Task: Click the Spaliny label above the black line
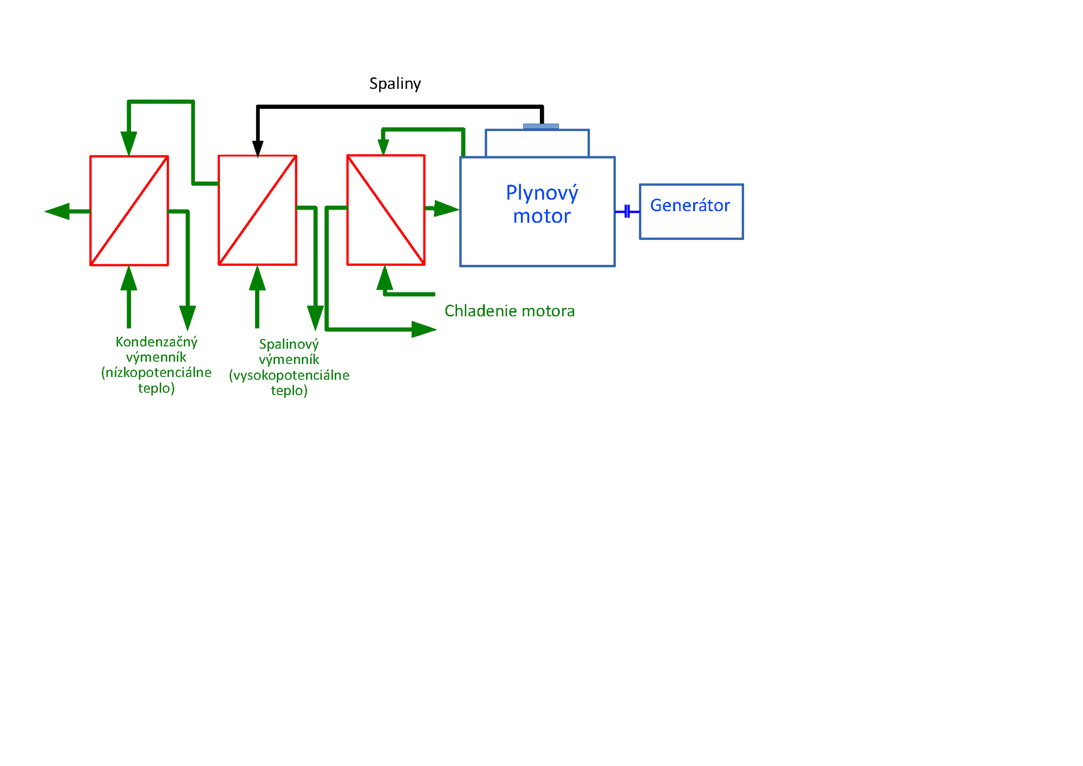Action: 395,83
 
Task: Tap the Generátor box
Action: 691,211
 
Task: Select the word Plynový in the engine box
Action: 542,193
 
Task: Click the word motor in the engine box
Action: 541,216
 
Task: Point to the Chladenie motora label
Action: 509,311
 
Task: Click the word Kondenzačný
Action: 156,342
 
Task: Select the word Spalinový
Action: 289,344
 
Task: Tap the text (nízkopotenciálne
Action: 156,372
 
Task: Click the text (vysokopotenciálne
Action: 289,375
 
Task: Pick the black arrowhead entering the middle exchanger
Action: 258,148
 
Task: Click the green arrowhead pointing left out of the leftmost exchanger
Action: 57,211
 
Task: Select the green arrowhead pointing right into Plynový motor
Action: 446,208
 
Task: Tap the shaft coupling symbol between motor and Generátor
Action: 627,211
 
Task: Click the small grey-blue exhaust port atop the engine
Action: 540,127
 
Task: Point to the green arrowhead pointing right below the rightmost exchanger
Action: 423,329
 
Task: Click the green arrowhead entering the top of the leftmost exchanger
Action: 129,143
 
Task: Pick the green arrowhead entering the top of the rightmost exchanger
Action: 383,147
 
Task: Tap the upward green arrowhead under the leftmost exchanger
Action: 129,278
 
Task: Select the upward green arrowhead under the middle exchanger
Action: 257,278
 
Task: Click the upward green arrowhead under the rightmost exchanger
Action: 384,278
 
